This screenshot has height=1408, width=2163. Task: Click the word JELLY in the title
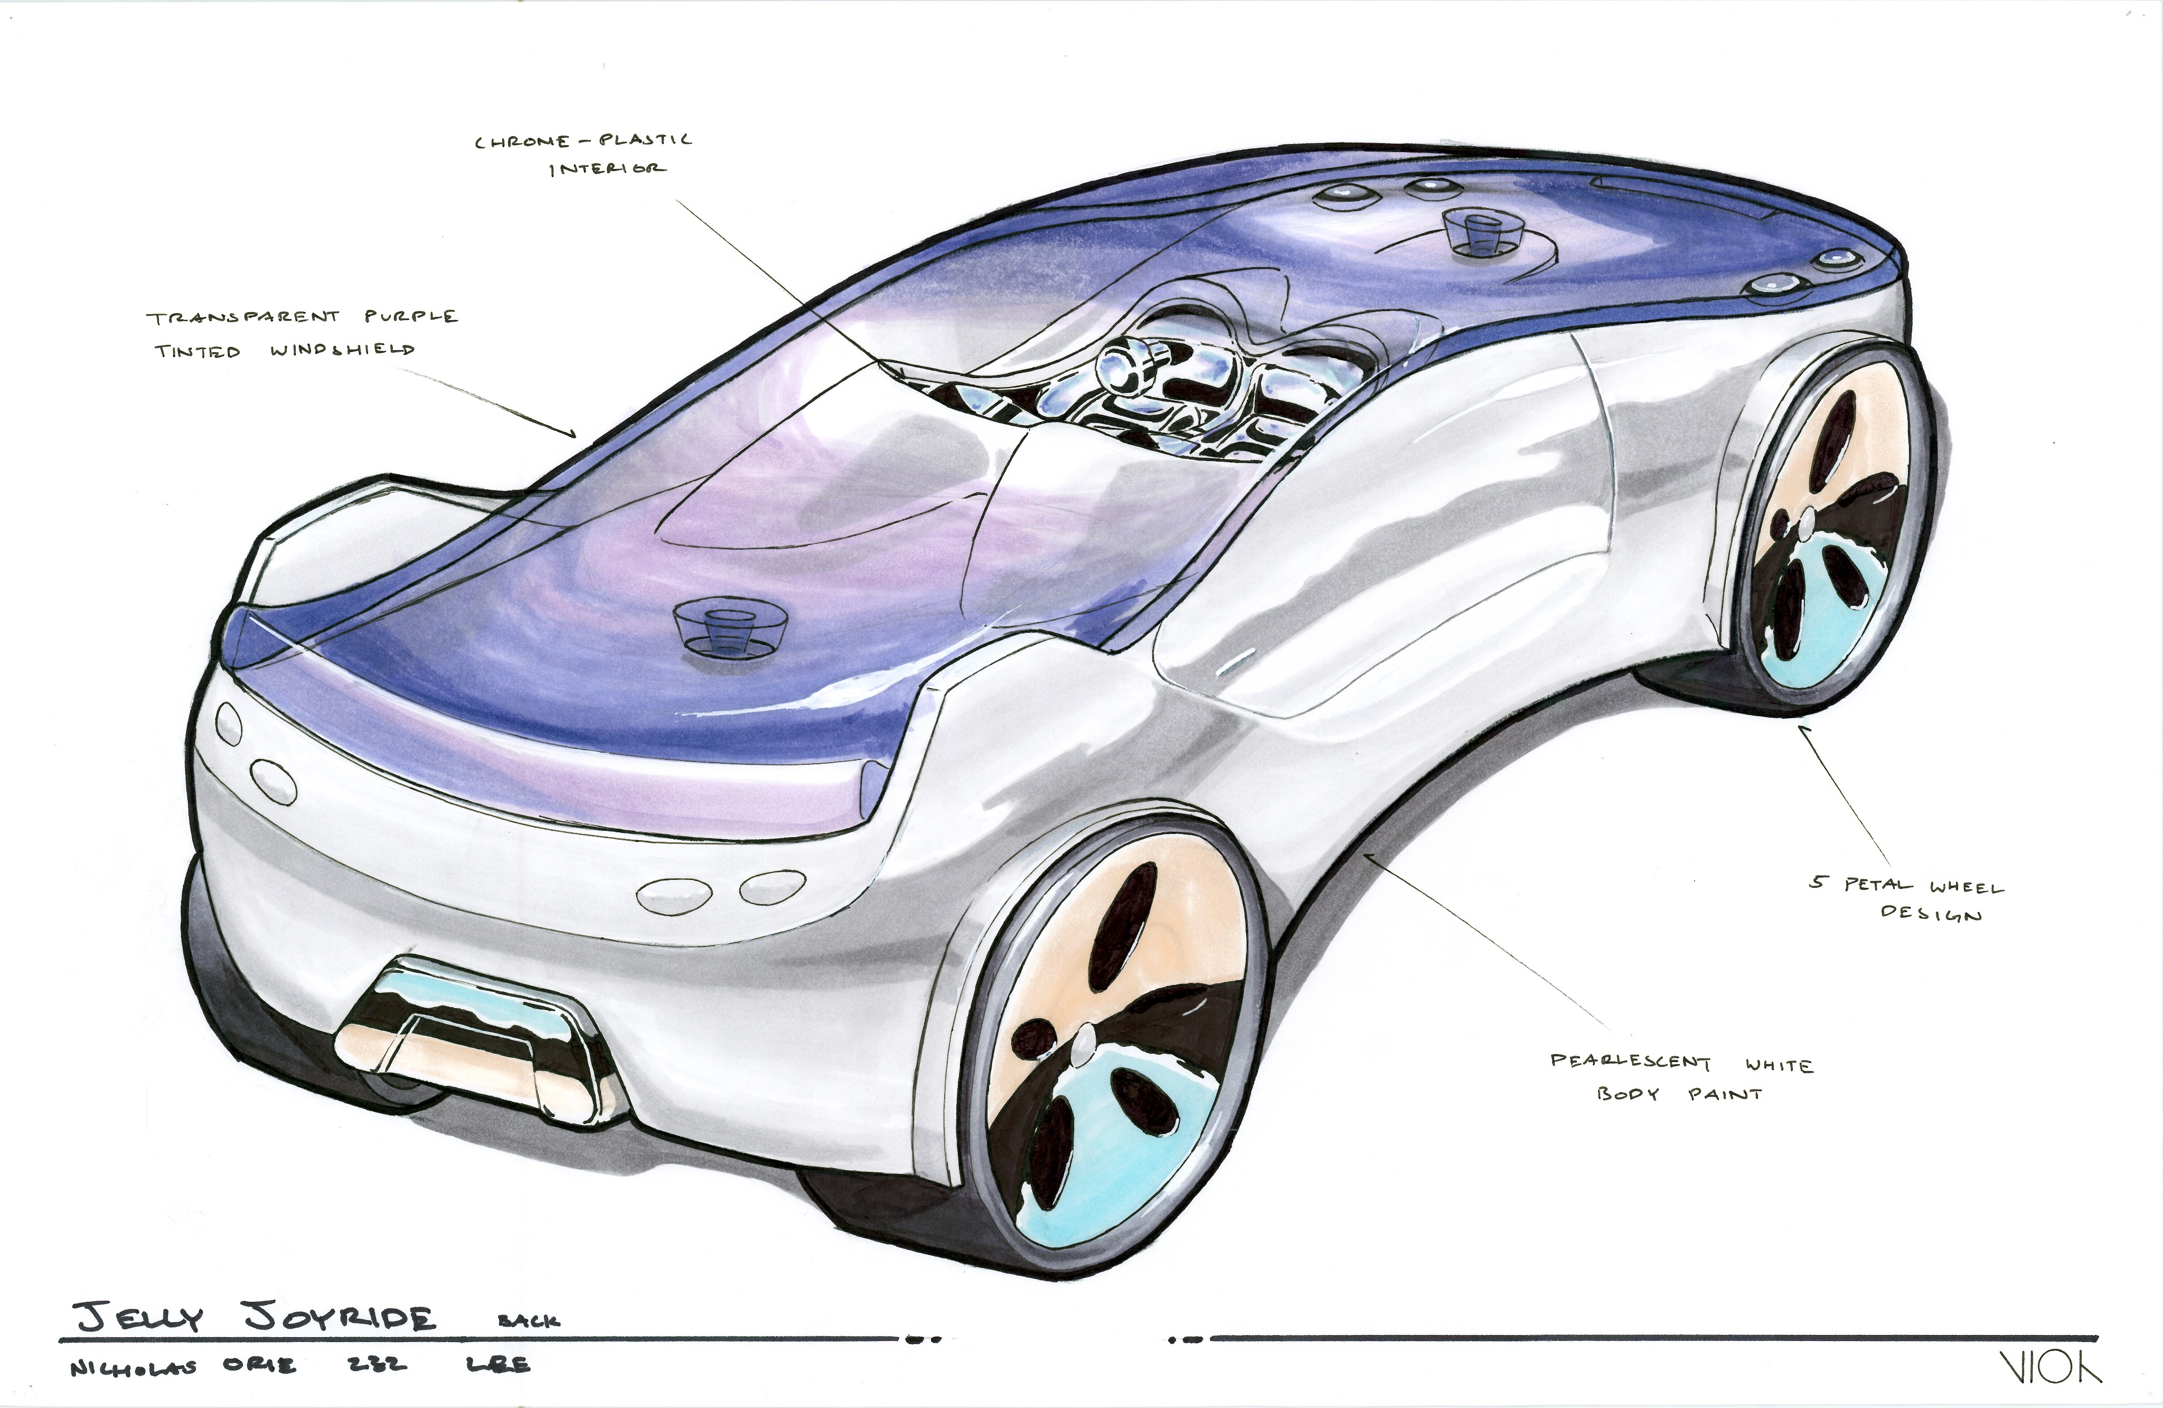[x=138, y=1317]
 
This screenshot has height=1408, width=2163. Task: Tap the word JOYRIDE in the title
[x=340, y=1318]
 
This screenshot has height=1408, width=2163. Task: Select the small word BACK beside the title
[x=529, y=1321]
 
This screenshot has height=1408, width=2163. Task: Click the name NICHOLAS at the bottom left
[x=133, y=1367]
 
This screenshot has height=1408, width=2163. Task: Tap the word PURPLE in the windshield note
[x=411, y=316]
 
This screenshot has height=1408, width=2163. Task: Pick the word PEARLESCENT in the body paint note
[x=1630, y=1061]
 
